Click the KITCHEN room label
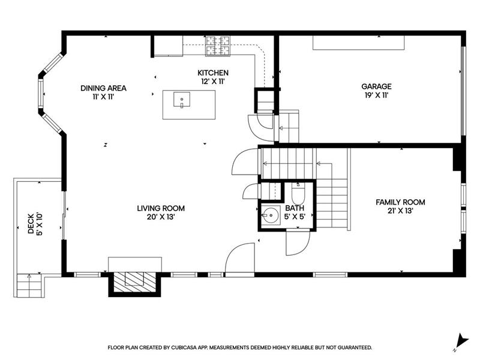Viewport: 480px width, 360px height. tap(213, 73)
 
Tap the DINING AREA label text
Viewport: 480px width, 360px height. tap(103, 88)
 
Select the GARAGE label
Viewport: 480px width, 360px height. tap(376, 86)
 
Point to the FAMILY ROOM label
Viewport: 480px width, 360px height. tap(400, 202)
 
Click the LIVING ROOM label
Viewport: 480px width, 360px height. tap(161, 208)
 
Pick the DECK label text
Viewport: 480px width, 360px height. tap(31, 224)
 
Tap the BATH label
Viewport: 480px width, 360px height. tap(295, 208)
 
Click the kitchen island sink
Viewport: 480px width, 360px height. tap(182, 100)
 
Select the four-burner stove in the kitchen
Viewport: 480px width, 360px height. tap(218, 46)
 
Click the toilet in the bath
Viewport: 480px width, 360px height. tap(298, 193)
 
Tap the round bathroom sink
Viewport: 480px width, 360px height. tap(271, 215)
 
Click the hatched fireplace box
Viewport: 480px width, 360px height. tap(134, 282)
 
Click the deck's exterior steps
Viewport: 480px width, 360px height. tap(29, 286)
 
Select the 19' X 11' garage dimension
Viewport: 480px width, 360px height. tap(376, 95)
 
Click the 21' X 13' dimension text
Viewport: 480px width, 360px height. tap(400, 211)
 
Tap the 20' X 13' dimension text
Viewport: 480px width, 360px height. tap(161, 217)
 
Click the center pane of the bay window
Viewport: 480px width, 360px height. tap(41, 93)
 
